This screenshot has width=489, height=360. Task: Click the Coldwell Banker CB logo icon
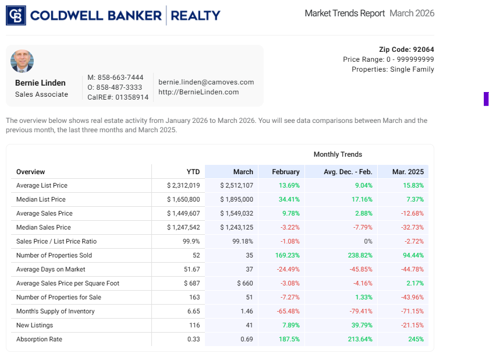coord(16,16)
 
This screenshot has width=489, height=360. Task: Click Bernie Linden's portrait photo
coord(22,61)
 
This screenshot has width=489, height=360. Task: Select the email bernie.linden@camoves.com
coord(206,82)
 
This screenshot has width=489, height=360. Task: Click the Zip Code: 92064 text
coord(406,50)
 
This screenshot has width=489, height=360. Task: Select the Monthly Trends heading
coord(338,154)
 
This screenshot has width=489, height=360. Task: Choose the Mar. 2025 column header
coord(408,172)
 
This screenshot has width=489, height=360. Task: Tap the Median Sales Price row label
coord(44,227)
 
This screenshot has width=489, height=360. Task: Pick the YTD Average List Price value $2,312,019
coord(183,185)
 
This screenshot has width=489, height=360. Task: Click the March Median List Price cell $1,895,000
coord(236,199)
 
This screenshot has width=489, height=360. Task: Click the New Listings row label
coord(34,325)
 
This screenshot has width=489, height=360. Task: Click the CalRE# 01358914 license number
coord(118,97)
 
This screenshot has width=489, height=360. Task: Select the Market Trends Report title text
coord(345,13)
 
